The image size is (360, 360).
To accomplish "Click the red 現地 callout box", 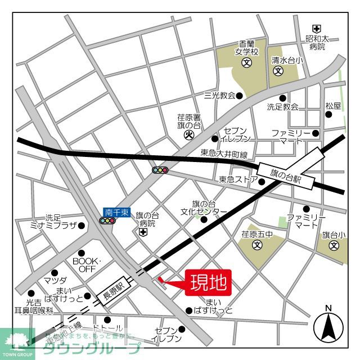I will (x=208, y=281).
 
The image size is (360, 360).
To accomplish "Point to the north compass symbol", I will (x=328, y=325).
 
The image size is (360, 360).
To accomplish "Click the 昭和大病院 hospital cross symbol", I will (x=317, y=29).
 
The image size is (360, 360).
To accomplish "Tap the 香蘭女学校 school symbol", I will (x=246, y=62).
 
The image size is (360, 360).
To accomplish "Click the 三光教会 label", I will (x=219, y=96).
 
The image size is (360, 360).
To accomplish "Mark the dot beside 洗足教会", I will (x=282, y=98).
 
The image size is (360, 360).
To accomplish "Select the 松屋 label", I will (x=333, y=106).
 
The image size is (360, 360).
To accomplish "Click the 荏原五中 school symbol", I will (x=257, y=245).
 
